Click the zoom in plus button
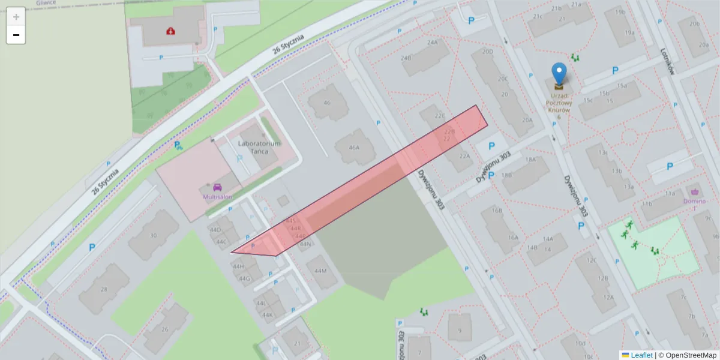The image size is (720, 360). (16, 17)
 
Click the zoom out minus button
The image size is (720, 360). (16, 35)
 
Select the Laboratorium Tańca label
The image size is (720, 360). (259, 147)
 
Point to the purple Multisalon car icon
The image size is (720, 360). (217, 187)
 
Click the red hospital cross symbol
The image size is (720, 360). (172, 30)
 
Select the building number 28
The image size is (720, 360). (104, 290)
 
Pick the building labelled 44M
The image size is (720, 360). (320, 271)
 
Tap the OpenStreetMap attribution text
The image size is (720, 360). (687, 355)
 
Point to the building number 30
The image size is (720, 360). (154, 236)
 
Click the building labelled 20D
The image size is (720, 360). (487, 52)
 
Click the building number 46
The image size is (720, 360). (327, 103)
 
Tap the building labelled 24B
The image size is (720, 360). (406, 58)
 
